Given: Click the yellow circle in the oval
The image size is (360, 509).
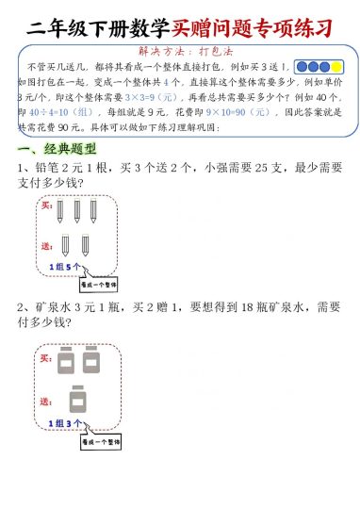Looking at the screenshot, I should (336, 68).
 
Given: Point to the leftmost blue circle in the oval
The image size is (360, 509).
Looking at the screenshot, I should (303, 68).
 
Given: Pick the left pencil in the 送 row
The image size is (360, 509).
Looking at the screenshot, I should (65, 245).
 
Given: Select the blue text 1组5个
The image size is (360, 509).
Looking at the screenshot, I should (65, 268).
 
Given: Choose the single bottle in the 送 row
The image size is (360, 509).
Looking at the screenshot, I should (77, 400).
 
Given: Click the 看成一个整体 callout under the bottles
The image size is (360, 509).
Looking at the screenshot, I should (99, 440).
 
